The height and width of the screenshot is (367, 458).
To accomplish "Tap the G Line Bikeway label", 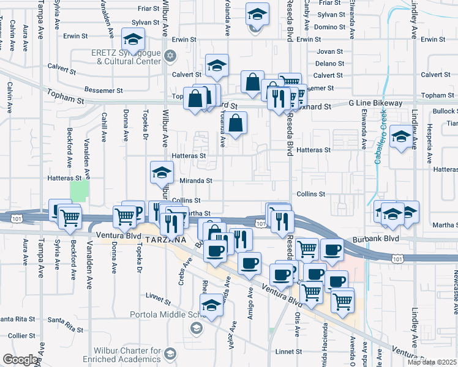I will [x=376, y=104].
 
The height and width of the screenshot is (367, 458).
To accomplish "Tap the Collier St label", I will [x=21, y=336].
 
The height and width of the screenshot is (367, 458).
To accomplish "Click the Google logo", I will [x=20, y=360].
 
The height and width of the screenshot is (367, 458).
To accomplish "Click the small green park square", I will [x=78, y=191].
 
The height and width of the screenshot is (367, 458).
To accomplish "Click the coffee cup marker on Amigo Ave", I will [x=249, y=263].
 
